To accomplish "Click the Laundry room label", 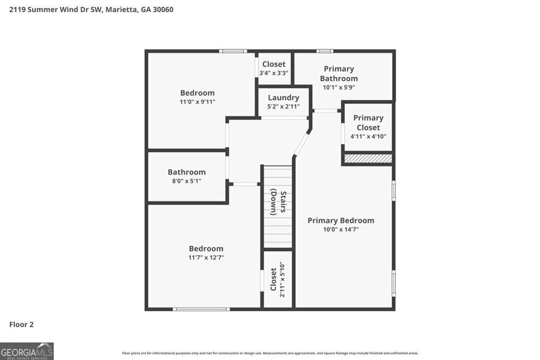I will click(283, 98).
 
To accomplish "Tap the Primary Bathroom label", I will click(339, 73).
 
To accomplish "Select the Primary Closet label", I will click(368, 122).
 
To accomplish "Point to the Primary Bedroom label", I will click(341, 220).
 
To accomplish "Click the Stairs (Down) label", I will click(278, 202).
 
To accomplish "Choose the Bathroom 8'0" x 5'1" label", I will click(187, 172).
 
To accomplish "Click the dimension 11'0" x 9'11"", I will click(197, 102).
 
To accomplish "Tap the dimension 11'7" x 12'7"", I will click(206, 258).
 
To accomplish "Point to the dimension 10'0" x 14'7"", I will click(341, 229).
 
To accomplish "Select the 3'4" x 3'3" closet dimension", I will click(274, 73).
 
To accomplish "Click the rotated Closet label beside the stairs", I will click(273, 279).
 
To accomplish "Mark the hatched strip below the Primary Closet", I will click(368, 158).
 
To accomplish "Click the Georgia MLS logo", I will click(27, 351).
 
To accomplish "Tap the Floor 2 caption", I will click(21, 325).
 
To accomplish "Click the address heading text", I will click(91, 9).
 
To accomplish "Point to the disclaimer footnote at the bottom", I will click(270, 353).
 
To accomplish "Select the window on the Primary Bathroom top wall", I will click(325, 51).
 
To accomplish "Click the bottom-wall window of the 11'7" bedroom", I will click(201, 309).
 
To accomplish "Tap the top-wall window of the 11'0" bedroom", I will click(233, 51).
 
